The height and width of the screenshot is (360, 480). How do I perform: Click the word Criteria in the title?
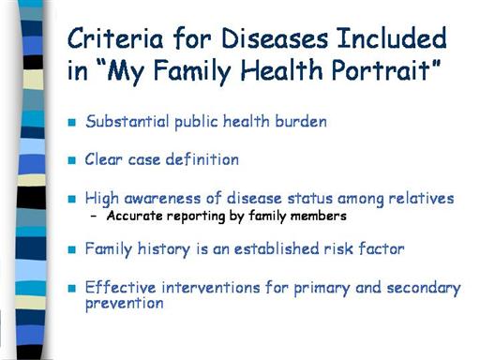click(x=115, y=38)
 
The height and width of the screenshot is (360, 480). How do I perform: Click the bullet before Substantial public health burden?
click(x=72, y=122)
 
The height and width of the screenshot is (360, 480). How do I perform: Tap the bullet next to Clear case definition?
click(x=72, y=160)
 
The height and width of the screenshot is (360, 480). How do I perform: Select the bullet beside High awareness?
click(x=72, y=199)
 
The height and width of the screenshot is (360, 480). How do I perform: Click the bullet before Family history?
click(x=72, y=249)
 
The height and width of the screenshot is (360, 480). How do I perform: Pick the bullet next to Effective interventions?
click(x=72, y=288)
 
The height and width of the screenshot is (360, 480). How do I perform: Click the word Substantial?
click(x=127, y=121)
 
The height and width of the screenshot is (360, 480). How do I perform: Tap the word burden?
click(x=301, y=121)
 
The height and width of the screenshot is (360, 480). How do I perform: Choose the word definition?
click(x=202, y=159)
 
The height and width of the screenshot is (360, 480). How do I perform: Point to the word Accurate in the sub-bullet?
click(x=134, y=216)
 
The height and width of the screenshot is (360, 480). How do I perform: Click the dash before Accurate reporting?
click(x=94, y=216)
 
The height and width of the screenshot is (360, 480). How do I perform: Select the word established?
click(x=277, y=248)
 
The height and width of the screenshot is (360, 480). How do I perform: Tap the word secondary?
click(x=424, y=289)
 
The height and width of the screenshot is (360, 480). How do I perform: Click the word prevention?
click(x=125, y=304)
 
